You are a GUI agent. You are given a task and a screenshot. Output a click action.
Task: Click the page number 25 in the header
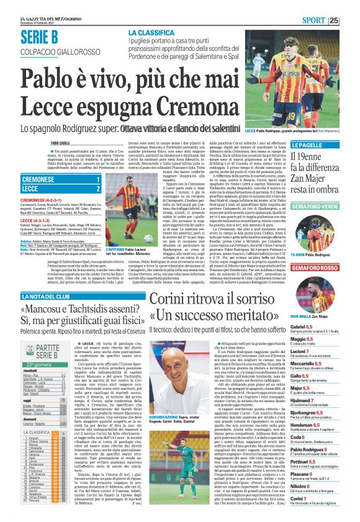pos(351,20)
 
